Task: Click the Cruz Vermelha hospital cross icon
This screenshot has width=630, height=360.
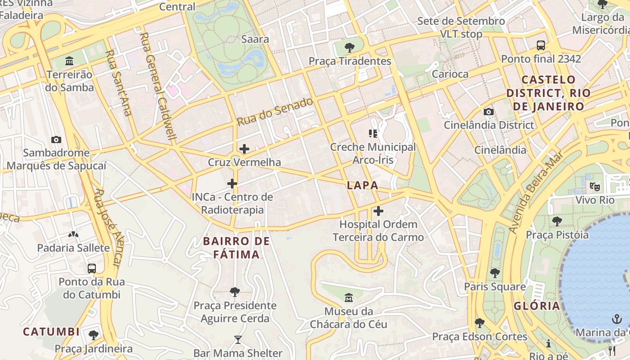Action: click(x=244, y=149)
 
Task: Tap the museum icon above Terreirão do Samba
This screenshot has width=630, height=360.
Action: click(x=69, y=61)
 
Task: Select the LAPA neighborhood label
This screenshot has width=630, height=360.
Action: click(x=362, y=185)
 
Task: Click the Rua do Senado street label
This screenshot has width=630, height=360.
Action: click(x=274, y=112)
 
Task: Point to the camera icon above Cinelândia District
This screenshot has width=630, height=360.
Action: click(x=488, y=112)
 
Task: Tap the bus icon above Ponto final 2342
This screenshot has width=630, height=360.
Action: click(x=541, y=45)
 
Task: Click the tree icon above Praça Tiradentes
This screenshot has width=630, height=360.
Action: click(x=349, y=47)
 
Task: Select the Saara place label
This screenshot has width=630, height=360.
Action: click(x=255, y=39)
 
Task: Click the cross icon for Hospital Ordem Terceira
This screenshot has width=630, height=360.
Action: click(x=378, y=211)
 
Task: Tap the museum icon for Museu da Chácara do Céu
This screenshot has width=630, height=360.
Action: click(x=348, y=297)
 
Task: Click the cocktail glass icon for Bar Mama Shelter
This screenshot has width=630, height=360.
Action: click(x=238, y=340)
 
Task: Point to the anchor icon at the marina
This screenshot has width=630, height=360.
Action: click(x=617, y=319)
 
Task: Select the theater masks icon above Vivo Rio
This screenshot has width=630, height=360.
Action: click(x=594, y=186)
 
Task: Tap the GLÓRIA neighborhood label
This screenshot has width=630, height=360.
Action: click(x=537, y=306)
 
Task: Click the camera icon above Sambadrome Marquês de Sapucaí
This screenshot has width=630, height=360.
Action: click(x=56, y=139)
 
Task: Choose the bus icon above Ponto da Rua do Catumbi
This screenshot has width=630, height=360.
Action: click(x=92, y=269)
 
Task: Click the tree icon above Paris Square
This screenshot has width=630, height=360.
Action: click(x=495, y=273)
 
